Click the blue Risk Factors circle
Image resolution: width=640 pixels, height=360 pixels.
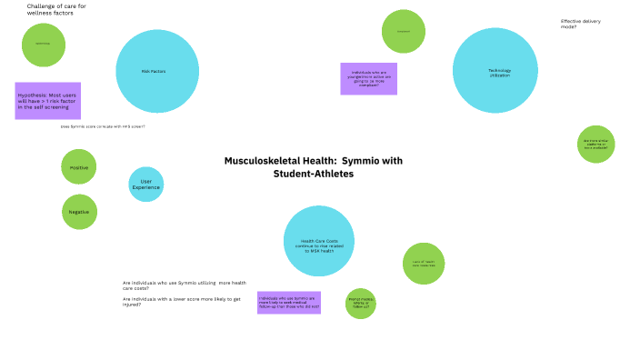tap(157, 71)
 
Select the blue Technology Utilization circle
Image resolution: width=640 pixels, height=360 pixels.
tap(495, 71)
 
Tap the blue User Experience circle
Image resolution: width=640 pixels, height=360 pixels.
tap(146, 184)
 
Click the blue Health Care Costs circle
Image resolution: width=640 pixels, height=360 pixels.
tap(318, 241)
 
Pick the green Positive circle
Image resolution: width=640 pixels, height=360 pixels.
tap(79, 167)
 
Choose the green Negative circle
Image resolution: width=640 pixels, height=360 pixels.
tap(79, 211)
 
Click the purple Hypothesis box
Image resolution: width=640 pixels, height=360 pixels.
tap(48, 101)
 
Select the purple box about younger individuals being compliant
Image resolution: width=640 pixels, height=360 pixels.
tap(368, 79)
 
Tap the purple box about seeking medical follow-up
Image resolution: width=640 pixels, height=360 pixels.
tap(288, 303)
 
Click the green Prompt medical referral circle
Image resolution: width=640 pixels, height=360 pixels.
tap(361, 303)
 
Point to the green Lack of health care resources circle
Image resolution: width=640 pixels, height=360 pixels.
tap(424, 264)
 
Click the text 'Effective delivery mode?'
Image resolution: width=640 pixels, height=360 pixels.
tap(580, 24)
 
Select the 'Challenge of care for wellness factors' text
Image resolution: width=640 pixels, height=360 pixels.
tap(56, 10)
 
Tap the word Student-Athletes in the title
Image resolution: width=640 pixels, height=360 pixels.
tap(314, 174)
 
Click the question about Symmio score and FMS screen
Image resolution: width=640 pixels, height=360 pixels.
tap(103, 126)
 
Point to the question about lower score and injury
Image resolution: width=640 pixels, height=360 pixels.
tap(181, 301)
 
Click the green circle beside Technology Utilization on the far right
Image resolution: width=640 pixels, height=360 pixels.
tap(596, 144)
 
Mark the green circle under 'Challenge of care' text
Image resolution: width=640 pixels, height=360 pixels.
tap(44, 45)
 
